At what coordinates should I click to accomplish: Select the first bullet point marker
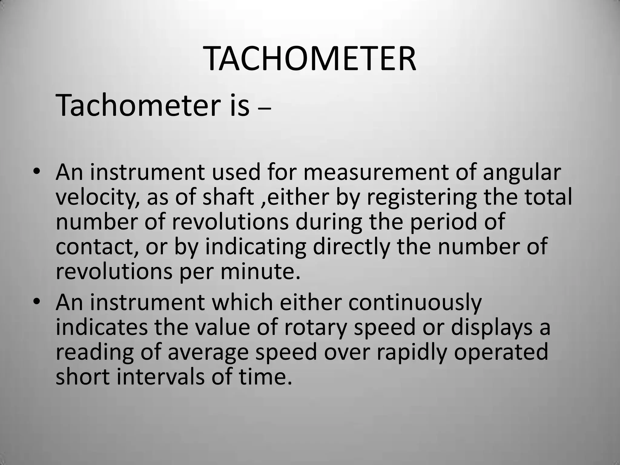[x=37, y=172]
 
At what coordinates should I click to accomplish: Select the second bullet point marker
[x=37, y=302]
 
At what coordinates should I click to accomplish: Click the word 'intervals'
[x=160, y=377]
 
